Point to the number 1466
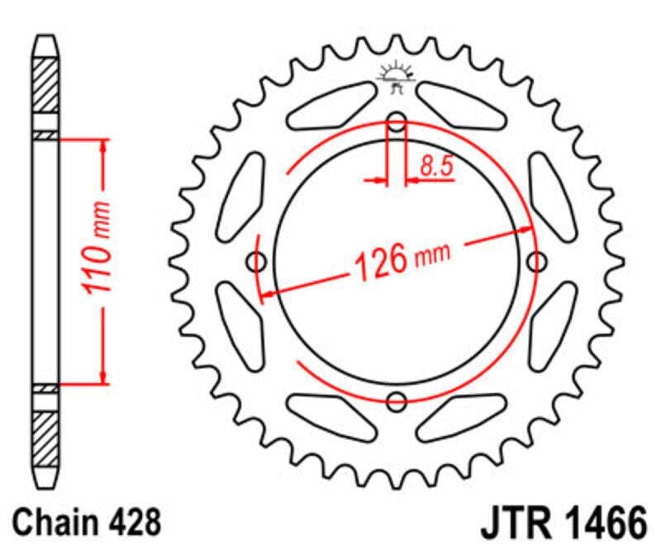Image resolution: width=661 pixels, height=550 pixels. point(601,522)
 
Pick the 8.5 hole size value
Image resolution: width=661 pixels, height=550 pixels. point(435,166)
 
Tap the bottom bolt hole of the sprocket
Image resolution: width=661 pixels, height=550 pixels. point(397,402)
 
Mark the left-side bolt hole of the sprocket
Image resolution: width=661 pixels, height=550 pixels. point(258,263)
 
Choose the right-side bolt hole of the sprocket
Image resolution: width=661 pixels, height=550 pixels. point(536,263)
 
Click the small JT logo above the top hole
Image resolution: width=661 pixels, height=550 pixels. point(397,75)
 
